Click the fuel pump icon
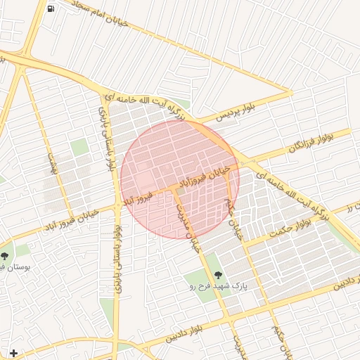pyautogui.click(x=51, y=8)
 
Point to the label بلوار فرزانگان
pyautogui.click(x=309, y=143)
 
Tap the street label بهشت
pyautogui.click(x=51, y=162)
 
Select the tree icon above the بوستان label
pyautogui.click(x=5, y=256)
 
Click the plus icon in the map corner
pyautogui.click(x=13, y=352)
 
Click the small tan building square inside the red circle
pyautogui.click(x=181, y=191)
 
